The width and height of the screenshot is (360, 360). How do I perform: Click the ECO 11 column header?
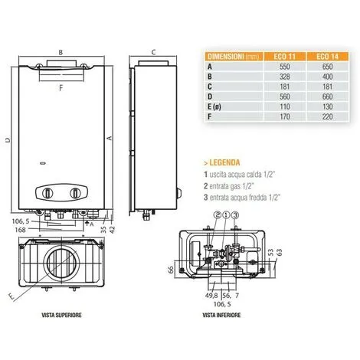tap(284, 57)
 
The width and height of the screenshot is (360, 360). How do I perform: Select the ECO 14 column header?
tap(327, 57)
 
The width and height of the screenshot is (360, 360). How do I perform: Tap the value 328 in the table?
tap(284, 77)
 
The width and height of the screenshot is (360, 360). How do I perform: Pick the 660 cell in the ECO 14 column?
tap(327, 97)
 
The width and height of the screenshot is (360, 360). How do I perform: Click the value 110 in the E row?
tap(284, 106)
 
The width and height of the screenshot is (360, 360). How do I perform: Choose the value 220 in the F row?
tap(327, 116)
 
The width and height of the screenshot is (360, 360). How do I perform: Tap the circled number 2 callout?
tap(218, 215)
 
